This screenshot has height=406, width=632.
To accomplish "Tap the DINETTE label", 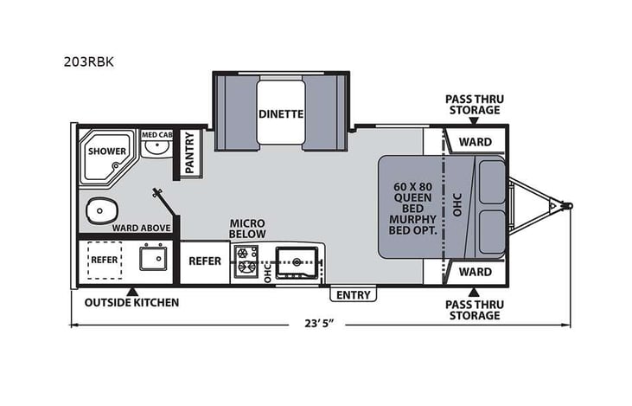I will click(280, 113).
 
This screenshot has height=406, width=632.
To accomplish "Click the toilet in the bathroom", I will click(102, 209).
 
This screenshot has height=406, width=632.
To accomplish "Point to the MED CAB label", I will click(156, 134).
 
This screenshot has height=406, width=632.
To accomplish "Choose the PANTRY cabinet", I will click(189, 152).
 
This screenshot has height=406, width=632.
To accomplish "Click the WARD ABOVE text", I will click(141, 228).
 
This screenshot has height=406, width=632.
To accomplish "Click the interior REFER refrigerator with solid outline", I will click(204, 261).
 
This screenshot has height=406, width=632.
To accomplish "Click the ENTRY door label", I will click(353, 295).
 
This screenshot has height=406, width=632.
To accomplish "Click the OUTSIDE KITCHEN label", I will click(131, 303).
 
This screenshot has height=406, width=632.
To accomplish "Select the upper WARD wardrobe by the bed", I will click(475, 141).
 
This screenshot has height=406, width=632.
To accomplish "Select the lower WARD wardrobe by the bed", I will click(475, 272).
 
